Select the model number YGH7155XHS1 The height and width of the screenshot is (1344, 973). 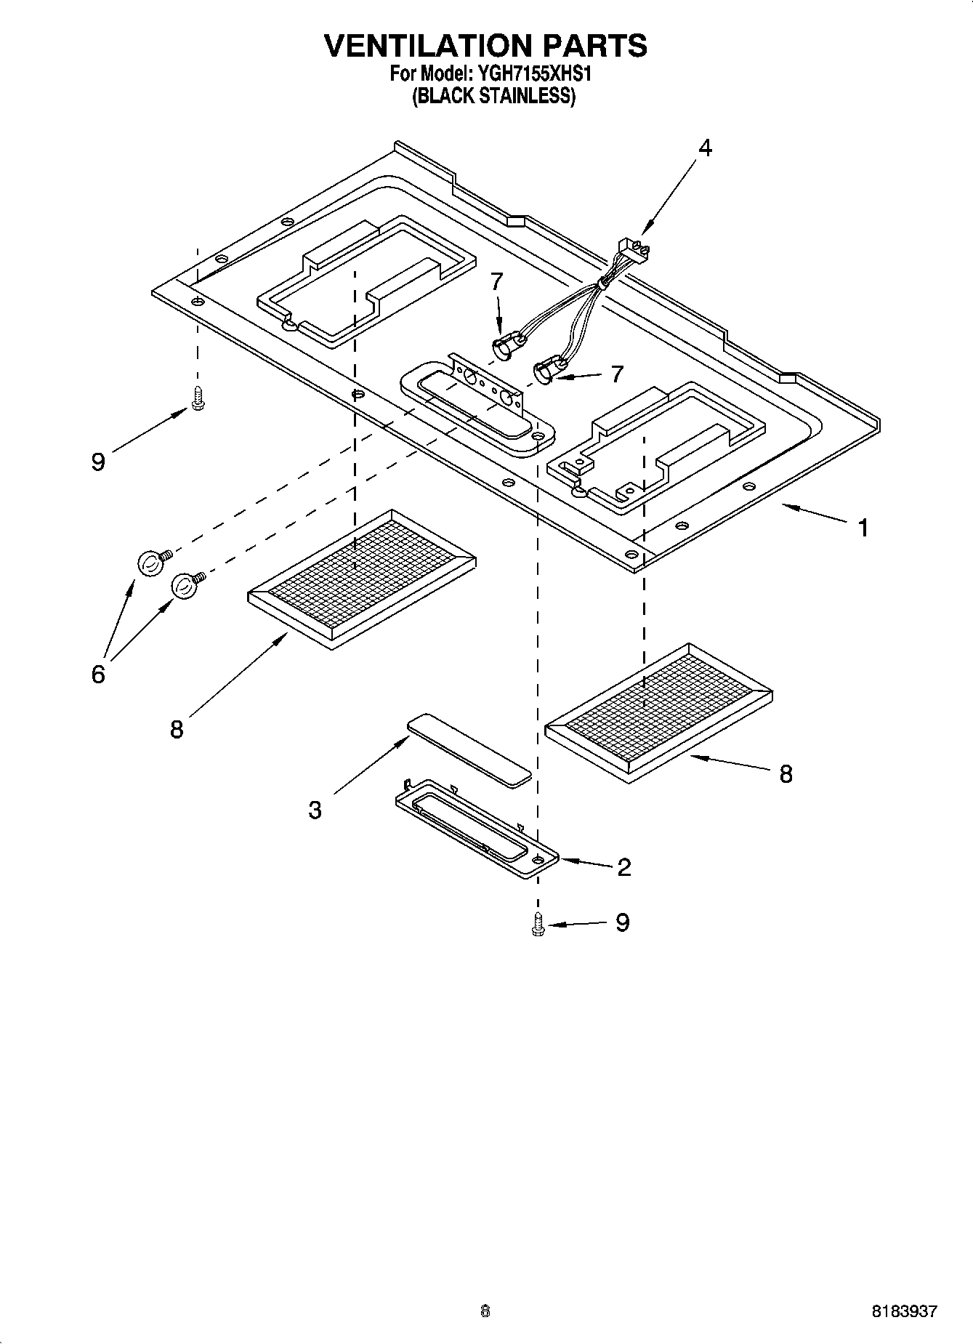[538, 73]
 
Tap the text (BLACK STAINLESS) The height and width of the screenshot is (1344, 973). [493, 96]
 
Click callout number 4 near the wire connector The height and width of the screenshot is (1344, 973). [704, 148]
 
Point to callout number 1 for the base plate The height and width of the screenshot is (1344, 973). [863, 527]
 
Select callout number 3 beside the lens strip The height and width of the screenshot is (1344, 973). [315, 809]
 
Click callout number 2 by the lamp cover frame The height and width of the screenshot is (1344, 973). [623, 866]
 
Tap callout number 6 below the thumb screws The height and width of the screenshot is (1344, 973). [98, 674]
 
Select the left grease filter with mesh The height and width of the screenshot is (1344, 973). [361, 579]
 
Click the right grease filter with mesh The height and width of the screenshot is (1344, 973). [658, 712]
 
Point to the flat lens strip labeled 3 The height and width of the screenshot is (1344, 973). [469, 749]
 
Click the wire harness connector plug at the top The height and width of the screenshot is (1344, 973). [631, 252]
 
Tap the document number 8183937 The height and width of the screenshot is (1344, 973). [905, 1312]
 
